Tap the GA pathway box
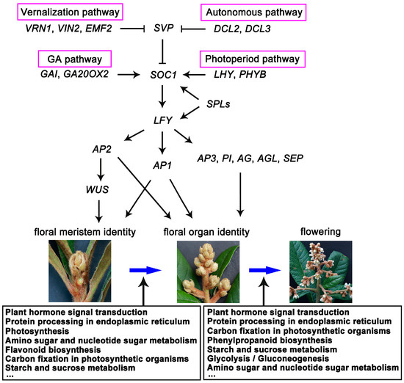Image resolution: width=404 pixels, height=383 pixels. point(73,58)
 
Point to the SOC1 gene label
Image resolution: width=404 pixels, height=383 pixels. point(163,74)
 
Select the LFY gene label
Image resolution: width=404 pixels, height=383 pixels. point(163,119)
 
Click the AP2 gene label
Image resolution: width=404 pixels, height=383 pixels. point(101,147)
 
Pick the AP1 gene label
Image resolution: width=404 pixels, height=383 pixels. point(163,164)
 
